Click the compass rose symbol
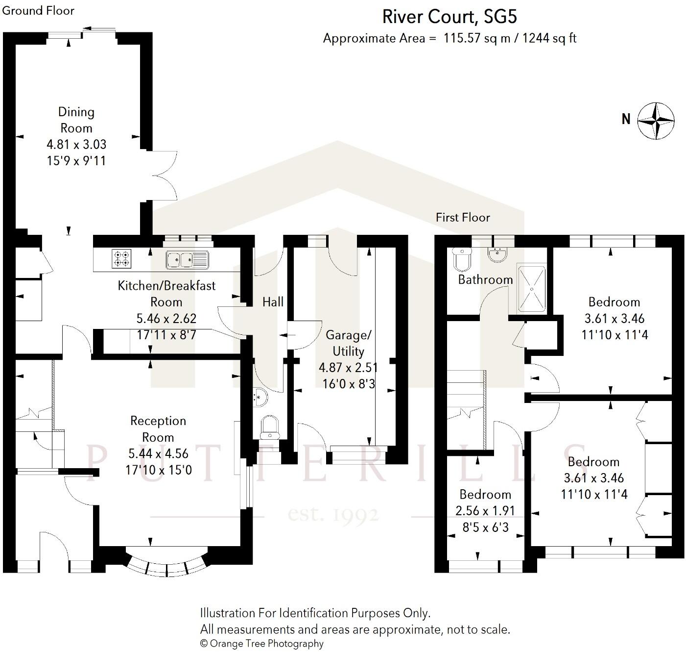pos(656,120)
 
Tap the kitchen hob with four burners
pos(122,259)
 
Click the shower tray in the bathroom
pos(531,289)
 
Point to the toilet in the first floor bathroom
pos(461,259)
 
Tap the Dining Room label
pos(76,120)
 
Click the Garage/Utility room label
pos(349,343)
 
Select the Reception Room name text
pos(158,429)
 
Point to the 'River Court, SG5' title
pos(449,17)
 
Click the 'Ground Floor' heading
pos(38,10)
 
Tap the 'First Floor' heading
pos(463,217)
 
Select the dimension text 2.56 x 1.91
pos(485,511)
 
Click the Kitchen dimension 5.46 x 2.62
pos(166,319)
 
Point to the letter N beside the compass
pos(626,119)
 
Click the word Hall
pos(273,302)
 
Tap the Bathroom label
pos(485,279)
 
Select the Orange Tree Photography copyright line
pos(261,644)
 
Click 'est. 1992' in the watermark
pos(333,515)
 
